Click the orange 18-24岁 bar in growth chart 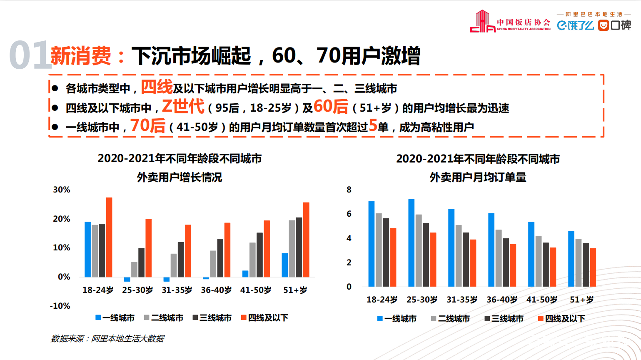click(x=109, y=237)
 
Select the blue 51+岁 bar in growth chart click(x=285, y=265)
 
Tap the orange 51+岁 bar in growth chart click(x=306, y=240)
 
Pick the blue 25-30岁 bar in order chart click(x=412, y=243)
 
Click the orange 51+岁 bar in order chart click(x=593, y=267)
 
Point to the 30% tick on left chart click(x=62, y=190)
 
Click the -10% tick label click(x=60, y=306)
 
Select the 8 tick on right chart click(x=349, y=190)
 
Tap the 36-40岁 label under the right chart click(x=502, y=300)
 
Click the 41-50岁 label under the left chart click(x=256, y=290)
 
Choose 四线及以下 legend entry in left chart click(x=264, y=318)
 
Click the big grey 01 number click(x=28, y=55)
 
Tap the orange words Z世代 click(x=183, y=106)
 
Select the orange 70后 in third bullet click(x=148, y=125)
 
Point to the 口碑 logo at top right click(x=615, y=25)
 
